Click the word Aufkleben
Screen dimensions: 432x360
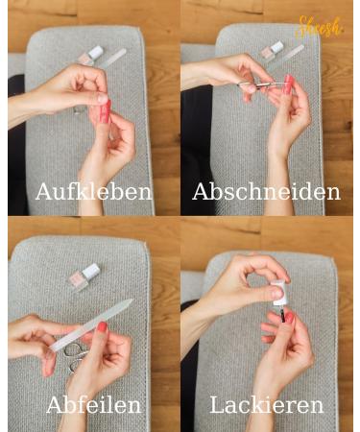pos(93,191)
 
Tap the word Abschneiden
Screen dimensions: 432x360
pos(266,191)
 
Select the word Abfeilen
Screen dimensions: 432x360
pos(93,404)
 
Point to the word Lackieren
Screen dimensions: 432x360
pos(266,404)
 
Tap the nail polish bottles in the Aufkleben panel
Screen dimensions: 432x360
pos(91,54)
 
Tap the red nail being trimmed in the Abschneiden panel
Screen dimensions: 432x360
pos(287,84)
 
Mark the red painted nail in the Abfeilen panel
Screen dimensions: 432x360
pos(101,327)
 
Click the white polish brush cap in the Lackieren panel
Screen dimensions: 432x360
pos(278,293)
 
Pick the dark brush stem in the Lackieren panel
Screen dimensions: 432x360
pos(280,314)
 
